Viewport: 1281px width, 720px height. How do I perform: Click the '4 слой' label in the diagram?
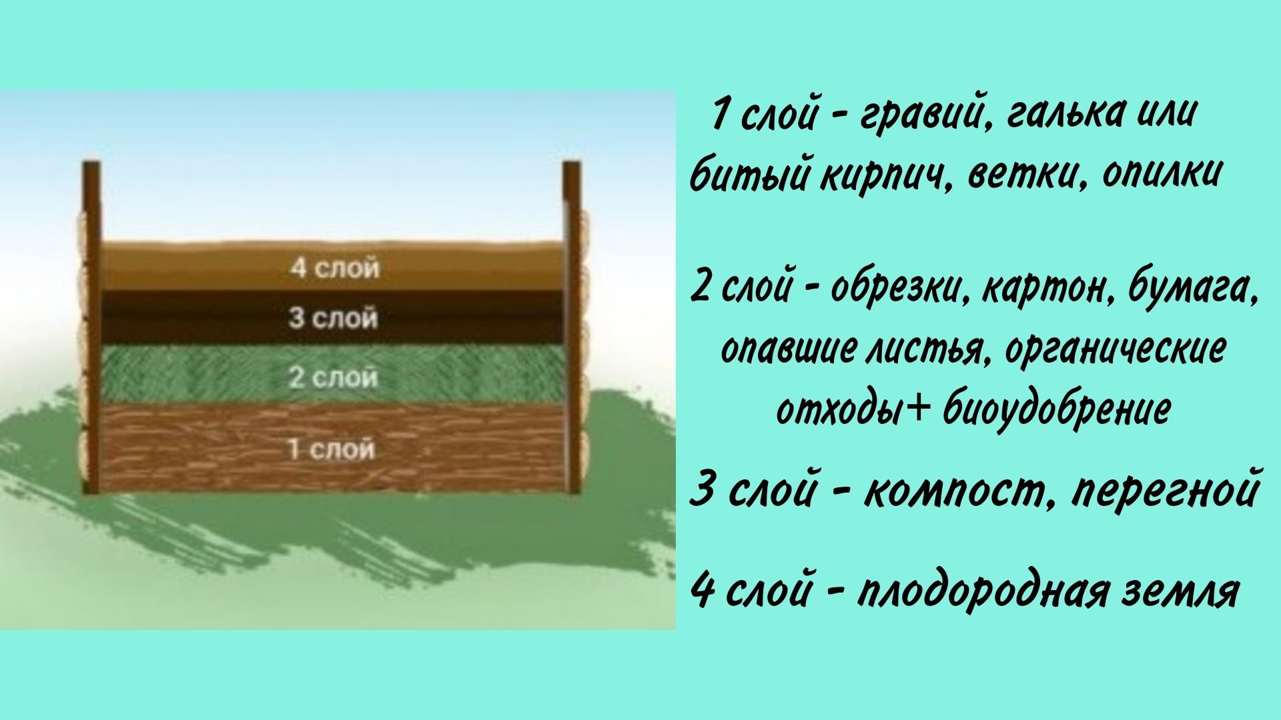click(335, 268)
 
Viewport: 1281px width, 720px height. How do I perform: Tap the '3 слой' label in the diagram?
click(334, 318)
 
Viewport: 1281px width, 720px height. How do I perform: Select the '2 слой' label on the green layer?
click(334, 378)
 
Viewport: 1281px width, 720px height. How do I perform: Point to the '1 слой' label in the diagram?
click(332, 450)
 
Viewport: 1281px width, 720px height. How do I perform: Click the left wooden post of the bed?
click(91, 327)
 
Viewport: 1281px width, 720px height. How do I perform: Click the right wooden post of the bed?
click(572, 327)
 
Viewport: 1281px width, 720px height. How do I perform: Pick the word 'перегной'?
click(1165, 491)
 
